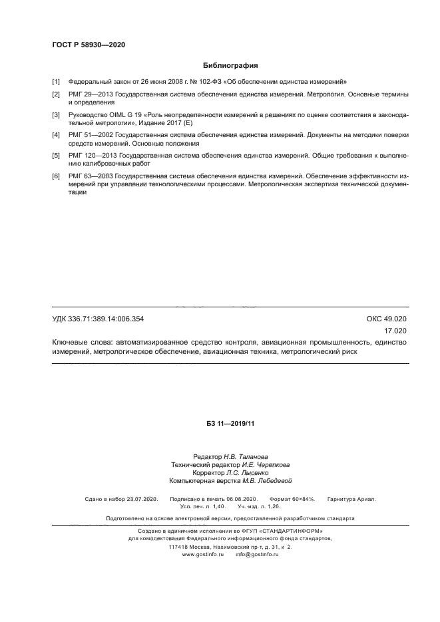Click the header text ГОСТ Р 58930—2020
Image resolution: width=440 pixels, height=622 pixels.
tap(89, 45)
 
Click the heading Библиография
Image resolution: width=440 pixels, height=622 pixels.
tap(230, 66)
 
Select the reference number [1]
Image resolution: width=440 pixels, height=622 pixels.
tap(57, 82)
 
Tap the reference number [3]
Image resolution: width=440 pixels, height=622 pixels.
tap(57, 115)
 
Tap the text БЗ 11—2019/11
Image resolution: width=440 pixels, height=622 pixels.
tap(231, 423)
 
